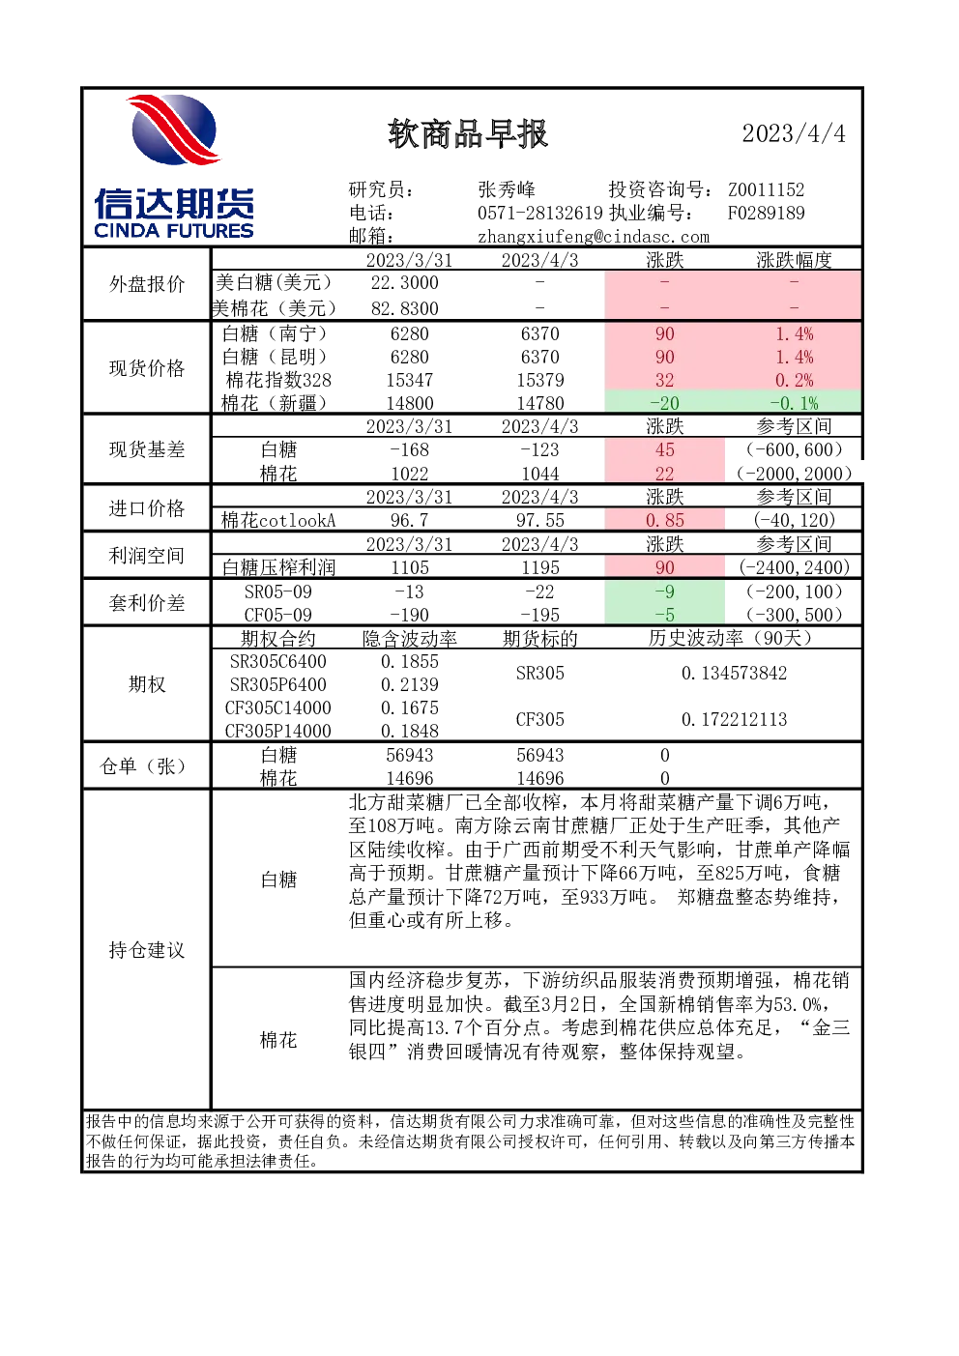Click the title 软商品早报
(468, 133)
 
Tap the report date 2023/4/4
(794, 133)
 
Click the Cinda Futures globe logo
(174, 130)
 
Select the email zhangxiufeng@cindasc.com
(594, 237)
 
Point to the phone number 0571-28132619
(540, 213)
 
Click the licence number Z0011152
(766, 190)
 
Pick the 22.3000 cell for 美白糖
(404, 283)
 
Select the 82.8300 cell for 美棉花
(404, 308)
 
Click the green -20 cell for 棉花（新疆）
(665, 403)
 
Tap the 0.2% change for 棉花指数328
(795, 380)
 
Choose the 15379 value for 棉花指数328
(540, 380)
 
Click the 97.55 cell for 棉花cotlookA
(540, 521)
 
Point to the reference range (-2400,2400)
(795, 568)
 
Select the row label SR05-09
(277, 592)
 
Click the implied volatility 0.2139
(409, 684)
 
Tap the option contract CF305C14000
(277, 708)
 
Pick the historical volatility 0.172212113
(734, 720)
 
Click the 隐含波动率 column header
(409, 639)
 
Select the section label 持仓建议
(147, 950)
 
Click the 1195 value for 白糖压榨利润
(540, 568)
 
